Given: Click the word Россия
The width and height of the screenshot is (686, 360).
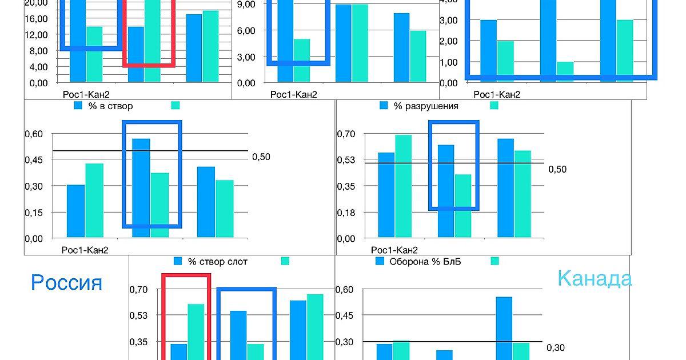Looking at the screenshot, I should (x=66, y=282).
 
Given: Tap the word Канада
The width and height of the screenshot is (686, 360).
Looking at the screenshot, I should (x=595, y=278).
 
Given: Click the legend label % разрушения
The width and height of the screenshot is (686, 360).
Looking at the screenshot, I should (x=425, y=106).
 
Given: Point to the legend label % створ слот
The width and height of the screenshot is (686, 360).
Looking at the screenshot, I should (x=218, y=261).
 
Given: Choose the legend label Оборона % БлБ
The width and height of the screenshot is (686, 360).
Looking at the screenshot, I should (x=425, y=261).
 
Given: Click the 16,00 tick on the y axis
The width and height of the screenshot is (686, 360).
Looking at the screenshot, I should (x=37, y=18).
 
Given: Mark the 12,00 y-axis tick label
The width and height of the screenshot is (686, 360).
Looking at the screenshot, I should (x=37, y=34).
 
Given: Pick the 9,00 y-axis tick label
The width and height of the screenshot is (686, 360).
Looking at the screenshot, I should (x=245, y=3).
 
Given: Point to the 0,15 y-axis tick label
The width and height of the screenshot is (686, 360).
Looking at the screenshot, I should (x=33, y=213).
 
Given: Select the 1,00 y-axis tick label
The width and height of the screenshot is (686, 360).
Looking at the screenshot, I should (x=449, y=62).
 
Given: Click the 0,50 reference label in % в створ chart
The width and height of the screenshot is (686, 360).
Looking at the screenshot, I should (x=261, y=157).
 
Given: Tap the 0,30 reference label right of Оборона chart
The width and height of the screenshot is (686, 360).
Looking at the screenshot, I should (x=556, y=347).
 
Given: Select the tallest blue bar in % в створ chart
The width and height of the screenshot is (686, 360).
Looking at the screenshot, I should (x=141, y=187).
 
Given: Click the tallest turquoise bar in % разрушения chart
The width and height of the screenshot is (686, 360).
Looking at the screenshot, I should (x=403, y=186).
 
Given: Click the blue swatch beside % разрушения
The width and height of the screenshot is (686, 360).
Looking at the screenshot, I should (x=384, y=106).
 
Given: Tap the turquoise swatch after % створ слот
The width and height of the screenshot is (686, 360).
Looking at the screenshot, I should (x=285, y=261).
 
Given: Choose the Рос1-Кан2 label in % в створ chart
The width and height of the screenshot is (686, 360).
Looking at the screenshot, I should (x=85, y=249).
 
